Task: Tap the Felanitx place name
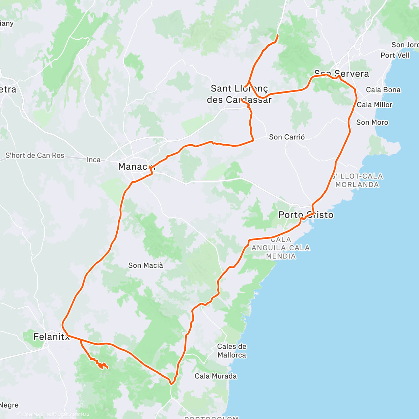(51, 337)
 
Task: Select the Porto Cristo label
(306, 215)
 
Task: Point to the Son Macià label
(145, 265)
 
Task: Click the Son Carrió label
(287, 137)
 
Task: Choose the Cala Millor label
(374, 105)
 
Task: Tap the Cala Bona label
(383, 90)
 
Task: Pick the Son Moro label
(372, 122)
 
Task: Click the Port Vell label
(395, 55)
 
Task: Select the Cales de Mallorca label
(231, 351)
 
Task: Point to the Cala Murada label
(215, 376)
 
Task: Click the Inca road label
(94, 160)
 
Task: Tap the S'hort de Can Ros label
(35, 155)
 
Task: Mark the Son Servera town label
(341, 74)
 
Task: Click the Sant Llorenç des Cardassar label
(239, 94)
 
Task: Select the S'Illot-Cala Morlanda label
(357, 180)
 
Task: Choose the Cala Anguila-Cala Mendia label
(281, 248)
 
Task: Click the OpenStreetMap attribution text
(73, 414)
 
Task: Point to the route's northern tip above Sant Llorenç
(278, 35)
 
